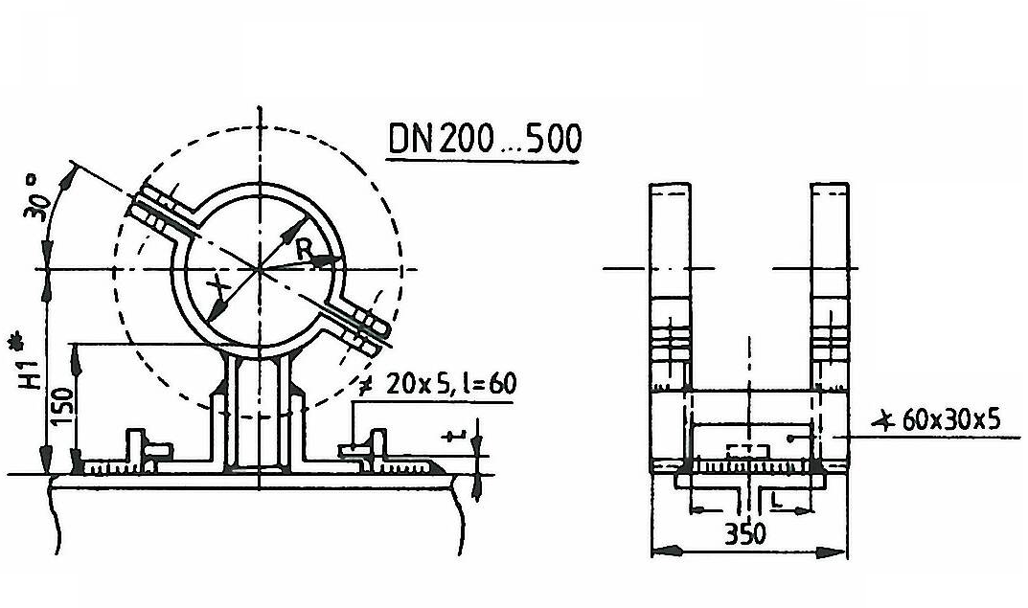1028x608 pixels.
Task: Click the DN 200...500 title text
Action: point(485,139)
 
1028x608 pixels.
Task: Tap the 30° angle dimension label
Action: point(36,198)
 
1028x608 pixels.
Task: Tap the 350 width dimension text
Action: point(745,534)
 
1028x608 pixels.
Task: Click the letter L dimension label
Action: point(776,501)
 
